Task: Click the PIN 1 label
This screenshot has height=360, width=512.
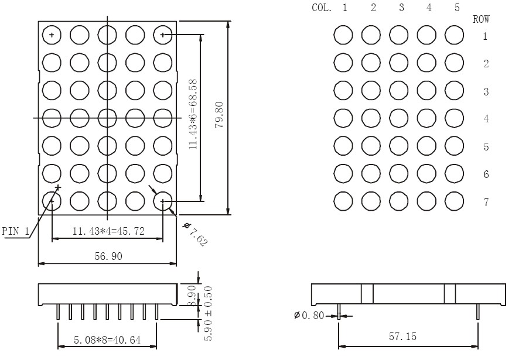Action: (x=15, y=231)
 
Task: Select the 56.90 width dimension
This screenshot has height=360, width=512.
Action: (x=108, y=256)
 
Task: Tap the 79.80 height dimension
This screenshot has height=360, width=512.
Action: (x=219, y=115)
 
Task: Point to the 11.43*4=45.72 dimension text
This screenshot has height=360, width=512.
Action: (x=108, y=231)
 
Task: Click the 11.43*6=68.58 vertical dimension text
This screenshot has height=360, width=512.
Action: (x=193, y=114)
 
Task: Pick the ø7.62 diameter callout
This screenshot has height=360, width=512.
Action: (x=196, y=234)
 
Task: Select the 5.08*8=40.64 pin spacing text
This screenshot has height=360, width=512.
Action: (x=107, y=340)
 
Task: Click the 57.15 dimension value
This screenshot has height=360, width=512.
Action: (x=402, y=336)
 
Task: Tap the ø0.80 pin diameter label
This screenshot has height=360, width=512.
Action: (x=309, y=316)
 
